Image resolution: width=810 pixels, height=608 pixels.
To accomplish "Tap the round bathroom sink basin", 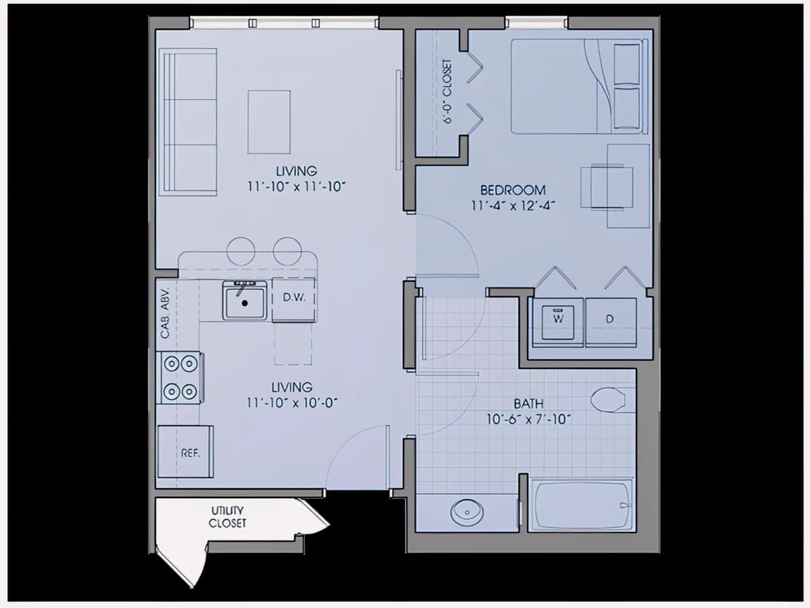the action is [467, 512].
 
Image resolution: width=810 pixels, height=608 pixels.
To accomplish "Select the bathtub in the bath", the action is [583, 505].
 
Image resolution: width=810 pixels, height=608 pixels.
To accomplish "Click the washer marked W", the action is [558, 322].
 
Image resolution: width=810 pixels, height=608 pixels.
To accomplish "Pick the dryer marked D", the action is [611, 322].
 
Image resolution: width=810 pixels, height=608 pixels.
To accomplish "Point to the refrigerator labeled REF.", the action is [186, 451].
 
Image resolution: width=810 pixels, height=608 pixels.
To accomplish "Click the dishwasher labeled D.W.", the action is [294, 300].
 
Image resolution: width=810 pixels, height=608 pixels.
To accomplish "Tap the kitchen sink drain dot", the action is [244, 303].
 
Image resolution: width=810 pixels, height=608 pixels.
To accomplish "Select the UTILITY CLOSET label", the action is [227, 517].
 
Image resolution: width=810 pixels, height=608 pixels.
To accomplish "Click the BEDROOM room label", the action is [513, 190].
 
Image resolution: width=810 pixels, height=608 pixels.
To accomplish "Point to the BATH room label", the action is [529, 404].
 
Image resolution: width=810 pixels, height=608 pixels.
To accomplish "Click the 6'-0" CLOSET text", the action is [447, 92].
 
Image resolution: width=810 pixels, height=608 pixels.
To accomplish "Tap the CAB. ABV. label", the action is [165, 313].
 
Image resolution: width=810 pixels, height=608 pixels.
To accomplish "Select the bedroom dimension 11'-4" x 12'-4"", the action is [513, 205].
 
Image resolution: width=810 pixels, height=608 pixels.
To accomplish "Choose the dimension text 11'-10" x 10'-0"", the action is [292, 403].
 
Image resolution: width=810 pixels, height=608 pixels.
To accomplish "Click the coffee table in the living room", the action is [269, 122].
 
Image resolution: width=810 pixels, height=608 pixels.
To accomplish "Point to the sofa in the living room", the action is [188, 122].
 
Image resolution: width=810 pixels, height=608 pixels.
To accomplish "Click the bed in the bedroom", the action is [579, 86].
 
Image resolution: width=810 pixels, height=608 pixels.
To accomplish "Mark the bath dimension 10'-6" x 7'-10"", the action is [529, 420].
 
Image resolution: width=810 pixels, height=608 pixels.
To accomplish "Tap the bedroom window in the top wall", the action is [536, 23].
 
